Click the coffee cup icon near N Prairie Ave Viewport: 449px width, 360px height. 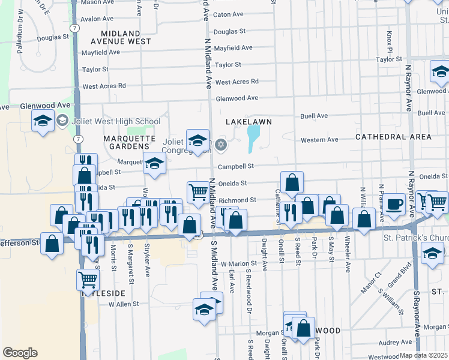395,204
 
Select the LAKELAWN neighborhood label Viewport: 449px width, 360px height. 249,121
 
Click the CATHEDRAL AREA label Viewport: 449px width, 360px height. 393,137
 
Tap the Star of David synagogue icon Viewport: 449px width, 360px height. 221,144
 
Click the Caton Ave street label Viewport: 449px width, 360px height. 228,14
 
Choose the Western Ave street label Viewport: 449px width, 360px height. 319,140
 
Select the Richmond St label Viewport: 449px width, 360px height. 238,200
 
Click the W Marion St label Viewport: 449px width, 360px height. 239,263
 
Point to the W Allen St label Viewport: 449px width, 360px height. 123,304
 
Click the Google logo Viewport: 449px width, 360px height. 20,353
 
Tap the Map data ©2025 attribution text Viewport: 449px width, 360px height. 423,355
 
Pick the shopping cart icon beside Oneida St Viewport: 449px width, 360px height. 198,193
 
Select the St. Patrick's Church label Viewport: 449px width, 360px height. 416,238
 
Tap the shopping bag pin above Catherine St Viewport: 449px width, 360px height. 292,182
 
